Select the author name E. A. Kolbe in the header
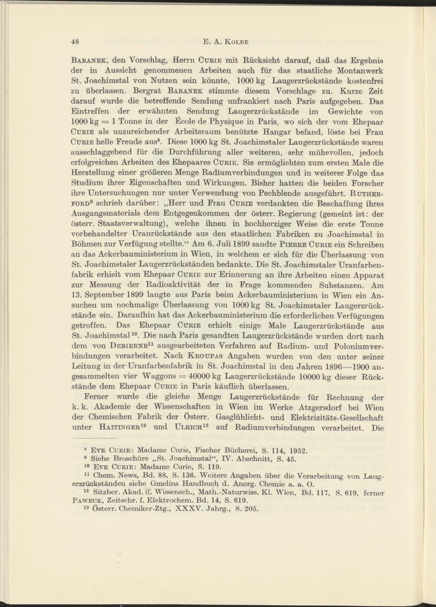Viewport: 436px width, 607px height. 226,42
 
